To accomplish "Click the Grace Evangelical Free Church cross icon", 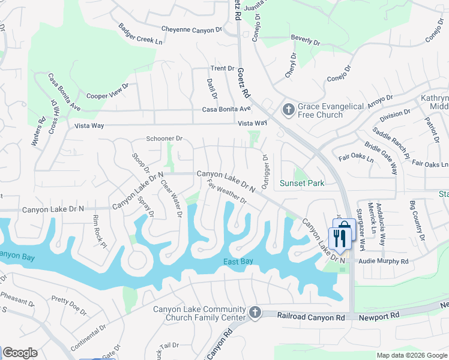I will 288,110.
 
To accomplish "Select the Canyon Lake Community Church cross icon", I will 255,313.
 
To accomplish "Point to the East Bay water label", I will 238,262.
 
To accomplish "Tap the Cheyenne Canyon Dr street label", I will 192,29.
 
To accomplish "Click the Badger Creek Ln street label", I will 140,34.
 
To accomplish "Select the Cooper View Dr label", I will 107,91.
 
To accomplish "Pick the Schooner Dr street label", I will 164,139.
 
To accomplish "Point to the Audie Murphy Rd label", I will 383,262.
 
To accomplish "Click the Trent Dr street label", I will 222,68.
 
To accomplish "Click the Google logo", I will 20,353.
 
